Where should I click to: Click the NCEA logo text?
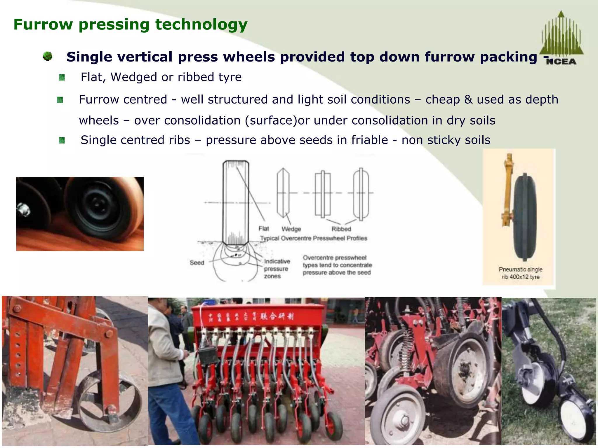tap(561, 62)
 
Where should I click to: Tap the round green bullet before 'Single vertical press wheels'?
tap(48, 56)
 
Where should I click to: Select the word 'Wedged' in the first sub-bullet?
tap(134, 77)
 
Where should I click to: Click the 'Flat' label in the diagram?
tap(263, 229)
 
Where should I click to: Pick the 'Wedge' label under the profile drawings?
tap(291, 229)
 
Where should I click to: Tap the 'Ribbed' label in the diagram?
tap(341, 229)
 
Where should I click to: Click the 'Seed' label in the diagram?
tap(197, 262)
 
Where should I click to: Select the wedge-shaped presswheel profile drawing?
tap(283, 193)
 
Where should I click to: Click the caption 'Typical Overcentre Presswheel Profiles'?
tap(314, 238)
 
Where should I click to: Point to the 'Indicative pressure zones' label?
tap(277, 269)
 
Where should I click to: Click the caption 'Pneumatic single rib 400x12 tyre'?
tap(520, 273)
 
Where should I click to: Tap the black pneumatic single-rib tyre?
tap(525, 217)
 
